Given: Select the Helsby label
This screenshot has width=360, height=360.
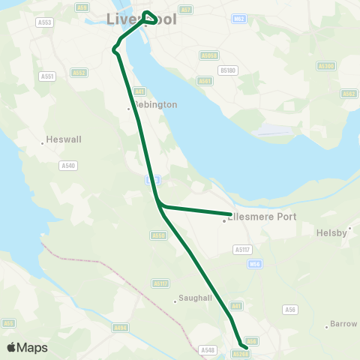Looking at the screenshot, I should coord(332,232).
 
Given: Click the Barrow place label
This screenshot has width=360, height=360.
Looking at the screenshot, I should coord(343,324).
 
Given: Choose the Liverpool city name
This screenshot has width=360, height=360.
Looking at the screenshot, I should coord(142,19).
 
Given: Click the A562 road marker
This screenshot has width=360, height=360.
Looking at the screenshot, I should coord(349,94).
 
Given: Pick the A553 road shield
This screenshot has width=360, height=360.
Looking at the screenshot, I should coord(45,23).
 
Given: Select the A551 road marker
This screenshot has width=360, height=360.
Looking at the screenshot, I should coord(48,76).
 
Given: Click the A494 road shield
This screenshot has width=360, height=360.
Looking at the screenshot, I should coord(120,327).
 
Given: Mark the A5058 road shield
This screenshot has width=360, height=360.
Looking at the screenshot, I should coord(209,55).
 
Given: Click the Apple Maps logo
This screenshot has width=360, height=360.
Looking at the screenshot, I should coord(27,347).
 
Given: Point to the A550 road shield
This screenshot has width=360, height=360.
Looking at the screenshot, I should coord(157,235).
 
